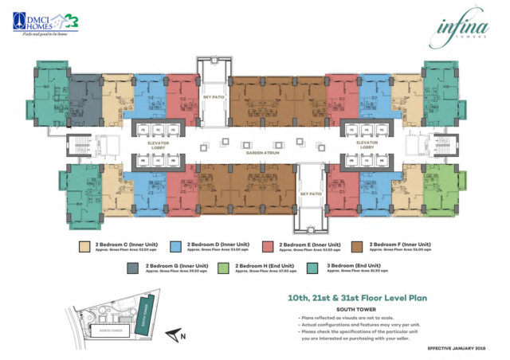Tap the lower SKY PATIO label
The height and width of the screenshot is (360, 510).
pyautogui.click(x=307, y=194)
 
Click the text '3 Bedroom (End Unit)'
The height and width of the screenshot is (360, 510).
pyautogui.click(x=350, y=265)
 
